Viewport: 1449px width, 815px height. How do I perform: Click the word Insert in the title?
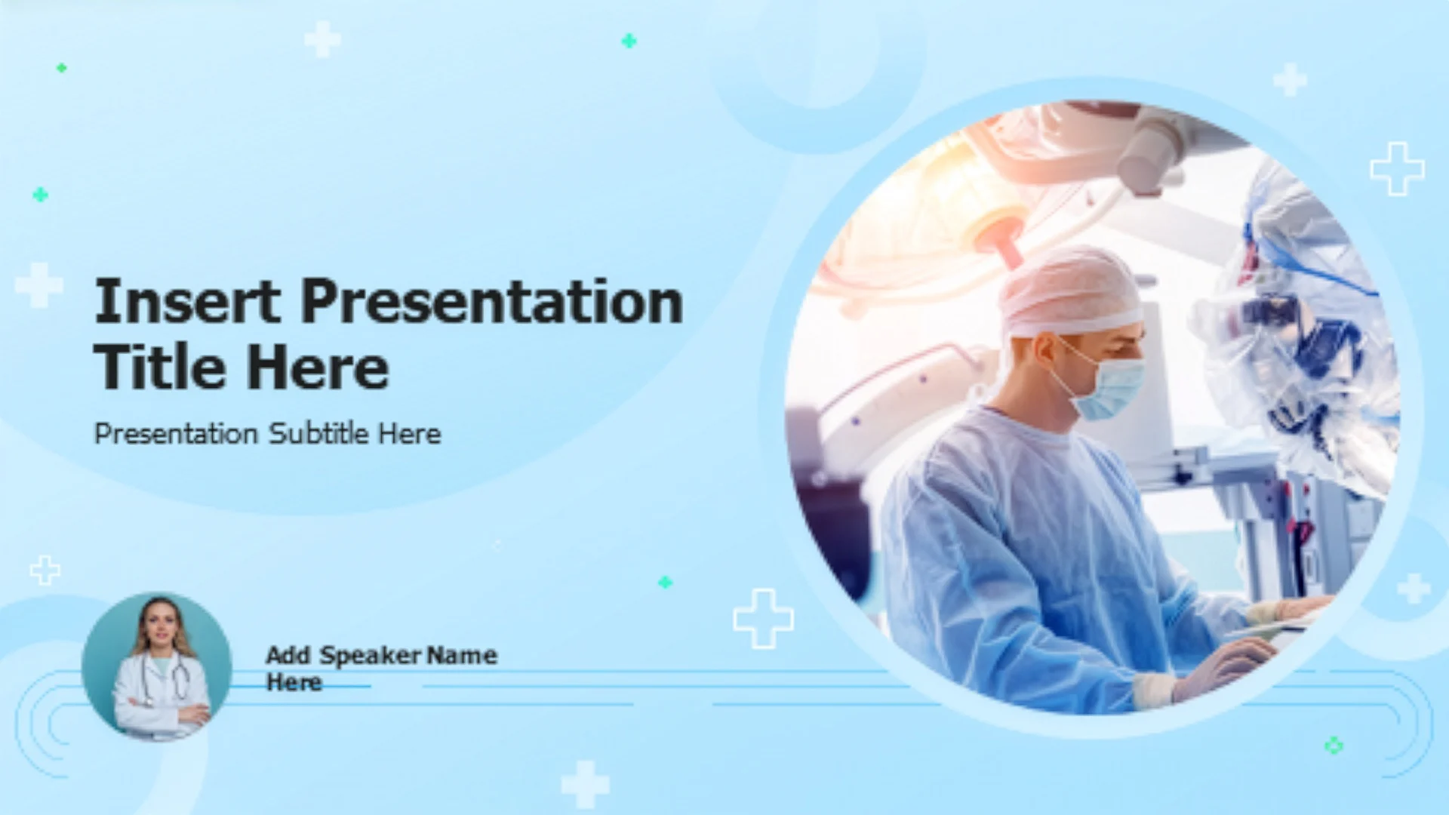pos(187,301)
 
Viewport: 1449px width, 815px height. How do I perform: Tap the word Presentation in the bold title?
pos(492,301)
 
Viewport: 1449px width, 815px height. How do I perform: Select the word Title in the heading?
pos(159,368)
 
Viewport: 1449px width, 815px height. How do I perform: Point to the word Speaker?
pos(371,656)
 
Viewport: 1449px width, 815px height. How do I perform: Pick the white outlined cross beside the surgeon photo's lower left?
pos(763,619)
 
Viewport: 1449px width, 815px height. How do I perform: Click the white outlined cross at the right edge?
pos(1397,169)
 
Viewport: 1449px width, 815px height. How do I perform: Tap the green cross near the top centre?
pos(629,41)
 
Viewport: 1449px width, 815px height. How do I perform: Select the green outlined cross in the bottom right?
pos(1334,746)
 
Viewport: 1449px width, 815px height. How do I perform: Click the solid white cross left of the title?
pos(38,285)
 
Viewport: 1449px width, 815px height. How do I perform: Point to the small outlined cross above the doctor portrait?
pos(45,570)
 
